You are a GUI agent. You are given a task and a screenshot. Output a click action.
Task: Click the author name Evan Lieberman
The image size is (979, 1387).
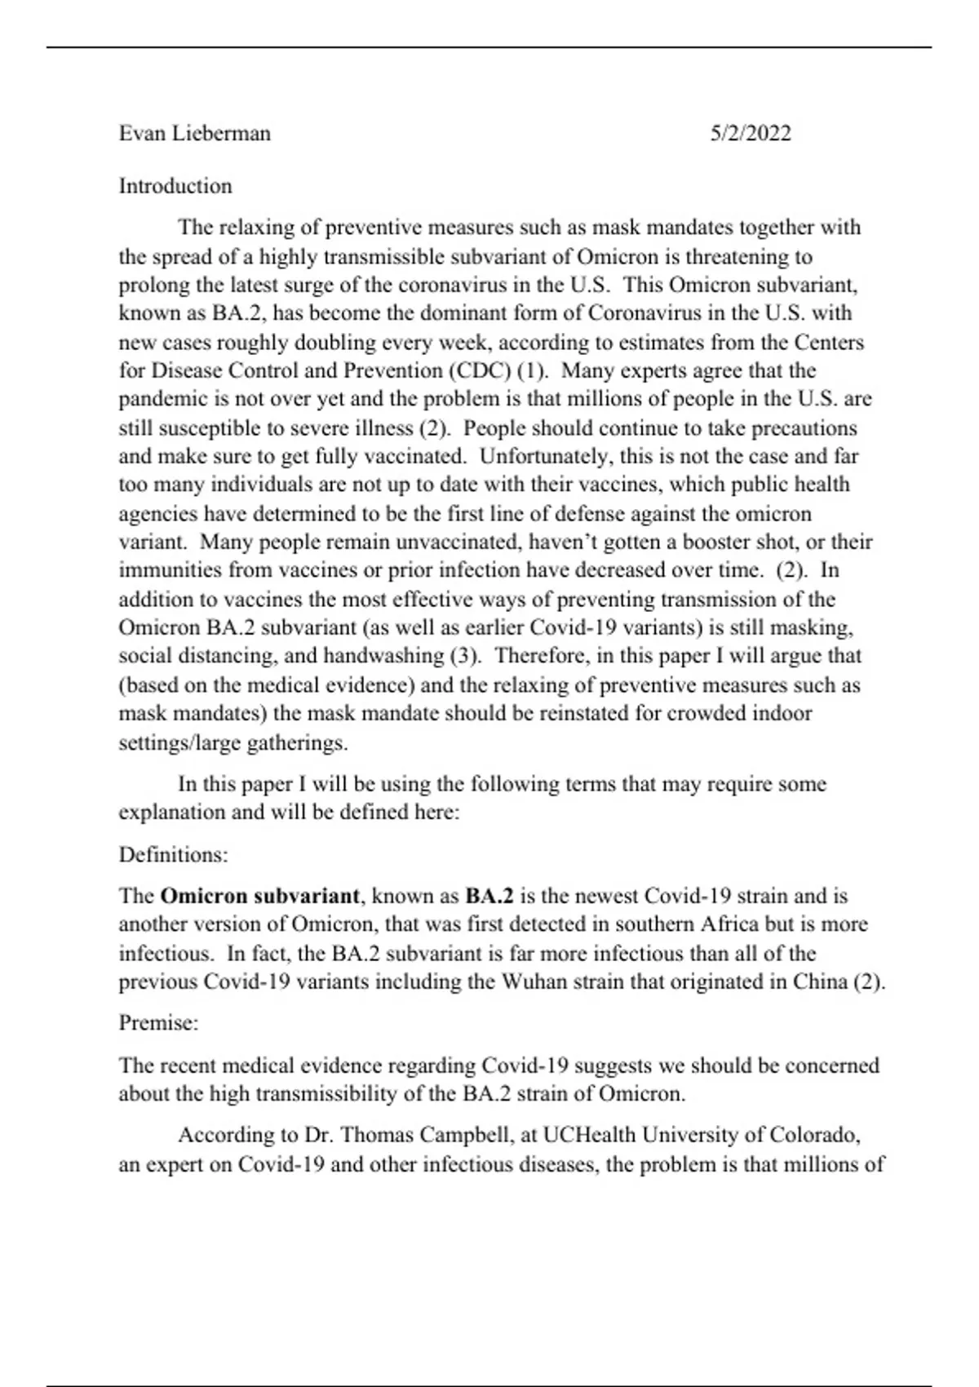[x=194, y=133]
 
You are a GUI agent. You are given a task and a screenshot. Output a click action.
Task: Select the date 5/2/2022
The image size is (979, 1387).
[x=750, y=133]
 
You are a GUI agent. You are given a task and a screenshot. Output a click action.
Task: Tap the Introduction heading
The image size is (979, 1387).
[x=175, y=186]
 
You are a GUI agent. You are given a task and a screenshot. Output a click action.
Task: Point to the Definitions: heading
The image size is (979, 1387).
[x=173, y=854]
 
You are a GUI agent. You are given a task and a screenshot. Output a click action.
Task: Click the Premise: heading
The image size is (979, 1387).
[x=158, y=1022]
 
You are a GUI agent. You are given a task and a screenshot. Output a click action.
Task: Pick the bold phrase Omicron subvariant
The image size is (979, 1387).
[x=259, y=896]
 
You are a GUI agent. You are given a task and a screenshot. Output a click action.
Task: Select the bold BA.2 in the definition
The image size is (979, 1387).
[x=489, y=896]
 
